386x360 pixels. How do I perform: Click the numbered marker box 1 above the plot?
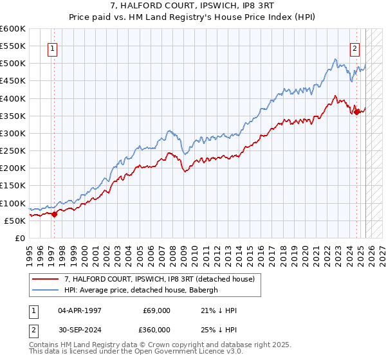[51, 47]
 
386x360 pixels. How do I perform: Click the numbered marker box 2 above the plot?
[354, 47]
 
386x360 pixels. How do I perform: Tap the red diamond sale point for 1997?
[54, 214]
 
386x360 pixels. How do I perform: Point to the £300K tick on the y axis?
[13, 133]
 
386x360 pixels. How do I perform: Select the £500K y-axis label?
[13, 64]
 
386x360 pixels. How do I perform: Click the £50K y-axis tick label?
[15, 221]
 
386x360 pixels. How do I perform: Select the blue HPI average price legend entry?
[141, 290]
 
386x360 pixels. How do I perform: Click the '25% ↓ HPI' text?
[219, 329]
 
